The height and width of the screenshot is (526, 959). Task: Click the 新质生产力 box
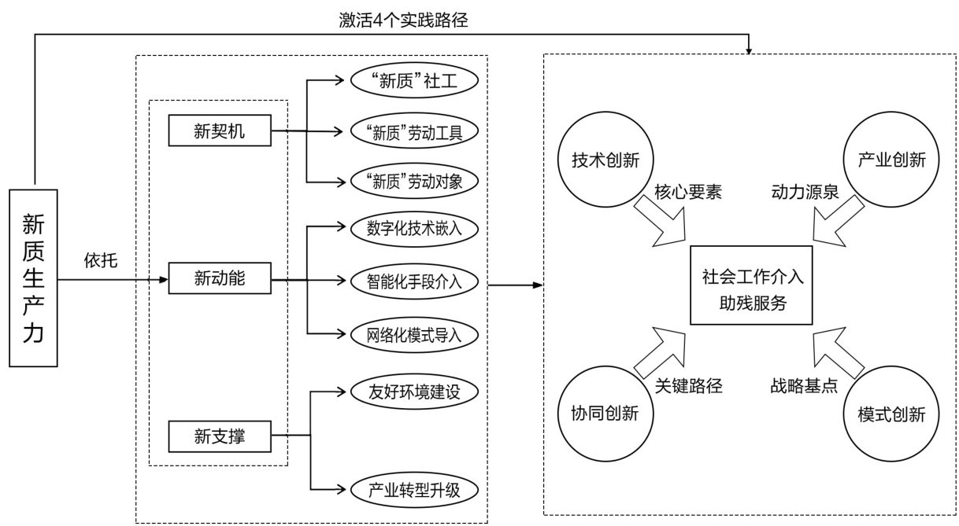tap(33, 278)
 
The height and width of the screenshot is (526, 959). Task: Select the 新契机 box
tap(220, 131)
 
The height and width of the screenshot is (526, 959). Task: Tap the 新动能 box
tap(220, 278)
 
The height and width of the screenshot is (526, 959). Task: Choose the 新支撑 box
tap(220, 435)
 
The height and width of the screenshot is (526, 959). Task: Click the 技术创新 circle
tap(605, 159)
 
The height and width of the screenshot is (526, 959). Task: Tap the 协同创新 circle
tap(605, 414)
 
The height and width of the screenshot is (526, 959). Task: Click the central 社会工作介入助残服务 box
tap(750, 285)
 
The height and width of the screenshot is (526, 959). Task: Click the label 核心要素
tap(687, 193)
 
